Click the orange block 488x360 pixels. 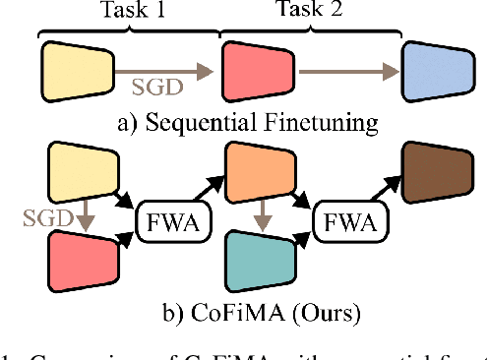pyautogui.click(x=253, y=171)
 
